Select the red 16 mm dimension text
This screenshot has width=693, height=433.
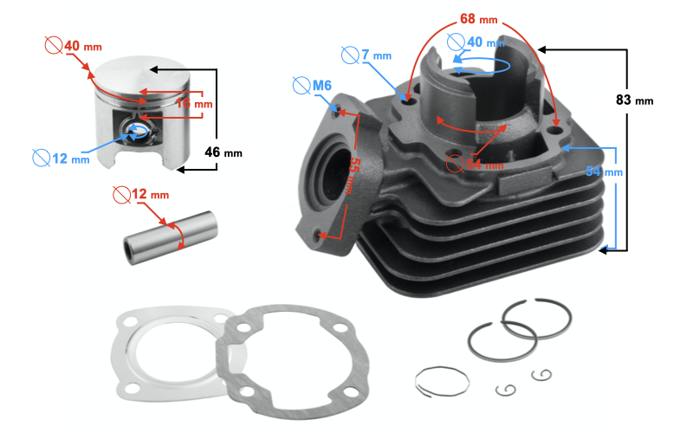(193, 104)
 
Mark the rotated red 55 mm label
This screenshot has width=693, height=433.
(353, 172)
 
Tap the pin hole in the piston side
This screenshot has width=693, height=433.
(137, 129)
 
